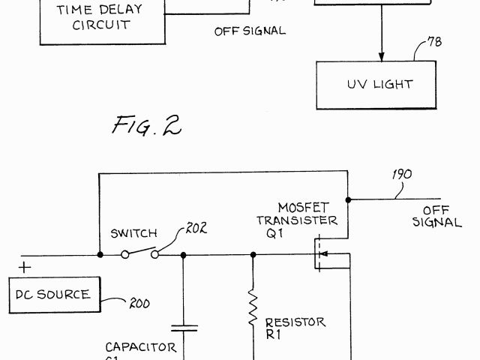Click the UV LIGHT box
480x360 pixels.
click(x=378, y=84)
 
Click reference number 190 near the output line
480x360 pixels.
click(x=402, y=175)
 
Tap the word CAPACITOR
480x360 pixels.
click(x=141, y=347)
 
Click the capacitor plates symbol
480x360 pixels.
click(x=184, y=328)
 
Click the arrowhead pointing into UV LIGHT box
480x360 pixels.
click(x=381, y=55)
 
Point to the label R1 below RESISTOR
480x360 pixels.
click(x=273, y=334)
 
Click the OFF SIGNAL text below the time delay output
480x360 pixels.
click(x=249, y=31)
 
